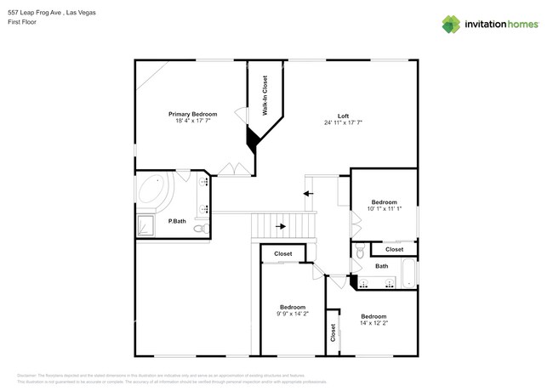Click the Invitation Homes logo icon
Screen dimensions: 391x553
(x=452, y=25)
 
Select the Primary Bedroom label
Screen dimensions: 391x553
(x=192, y=114)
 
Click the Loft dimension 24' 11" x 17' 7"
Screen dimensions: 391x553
(x=343, y=122)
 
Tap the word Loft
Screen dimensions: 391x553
(x=343, y=116)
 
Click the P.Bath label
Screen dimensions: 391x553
(x=177, y=221)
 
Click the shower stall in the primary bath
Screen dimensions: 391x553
(x=145, y=225)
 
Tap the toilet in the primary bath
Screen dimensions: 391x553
(x=200, y=229)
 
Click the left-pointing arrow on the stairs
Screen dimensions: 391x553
(x=304, y=195)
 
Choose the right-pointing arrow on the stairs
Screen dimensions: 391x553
(x=281, y=226)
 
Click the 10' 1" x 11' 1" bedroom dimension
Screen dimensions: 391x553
(x=384, y=208)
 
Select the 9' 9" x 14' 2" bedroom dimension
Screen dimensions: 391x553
(x=293, y=314)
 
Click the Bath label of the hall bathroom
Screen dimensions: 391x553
(x=382, y=266)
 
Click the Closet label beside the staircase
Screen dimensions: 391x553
(x=282, y=253)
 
